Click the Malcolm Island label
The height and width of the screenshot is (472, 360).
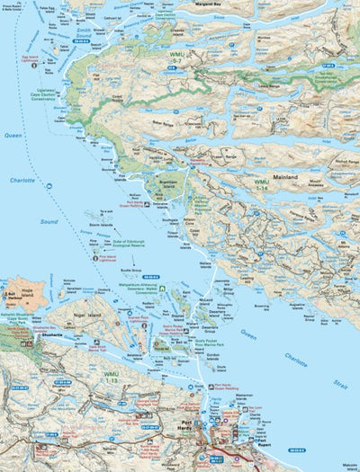click(343, 467)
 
